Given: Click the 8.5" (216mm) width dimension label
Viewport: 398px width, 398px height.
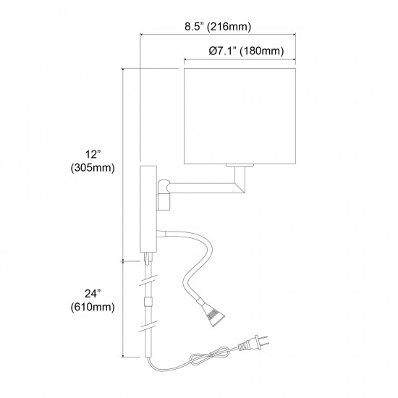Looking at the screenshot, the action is coord(218,26).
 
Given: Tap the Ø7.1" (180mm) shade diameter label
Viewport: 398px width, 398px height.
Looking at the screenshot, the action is coord(246,51).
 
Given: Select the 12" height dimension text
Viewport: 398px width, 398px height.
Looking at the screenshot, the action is coord(93,154).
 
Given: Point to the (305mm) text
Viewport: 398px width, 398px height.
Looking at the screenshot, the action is coord(93,168).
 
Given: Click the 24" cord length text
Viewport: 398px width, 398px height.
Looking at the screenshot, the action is coord(93,294).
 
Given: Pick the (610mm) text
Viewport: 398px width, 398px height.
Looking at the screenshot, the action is coord(93,307).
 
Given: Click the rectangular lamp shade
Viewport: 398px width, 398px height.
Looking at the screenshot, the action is coord(240,116).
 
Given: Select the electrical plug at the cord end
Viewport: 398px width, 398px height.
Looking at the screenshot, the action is coord(253,343).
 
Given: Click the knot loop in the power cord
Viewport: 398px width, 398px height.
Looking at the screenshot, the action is coord(211,357).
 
